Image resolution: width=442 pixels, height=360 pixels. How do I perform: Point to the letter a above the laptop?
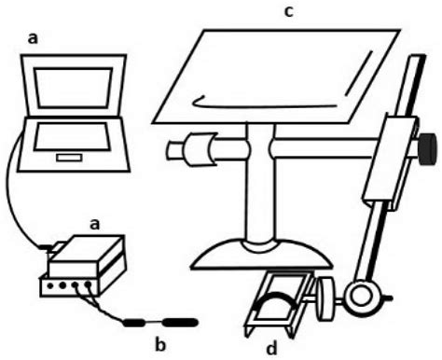(x=35, y=39)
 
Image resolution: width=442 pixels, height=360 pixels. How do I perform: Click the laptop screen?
(x=73, y=93)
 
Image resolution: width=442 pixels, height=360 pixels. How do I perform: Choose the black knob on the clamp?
(x=427, y=147)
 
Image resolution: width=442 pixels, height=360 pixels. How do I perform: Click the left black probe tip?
(x=137, y=323)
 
